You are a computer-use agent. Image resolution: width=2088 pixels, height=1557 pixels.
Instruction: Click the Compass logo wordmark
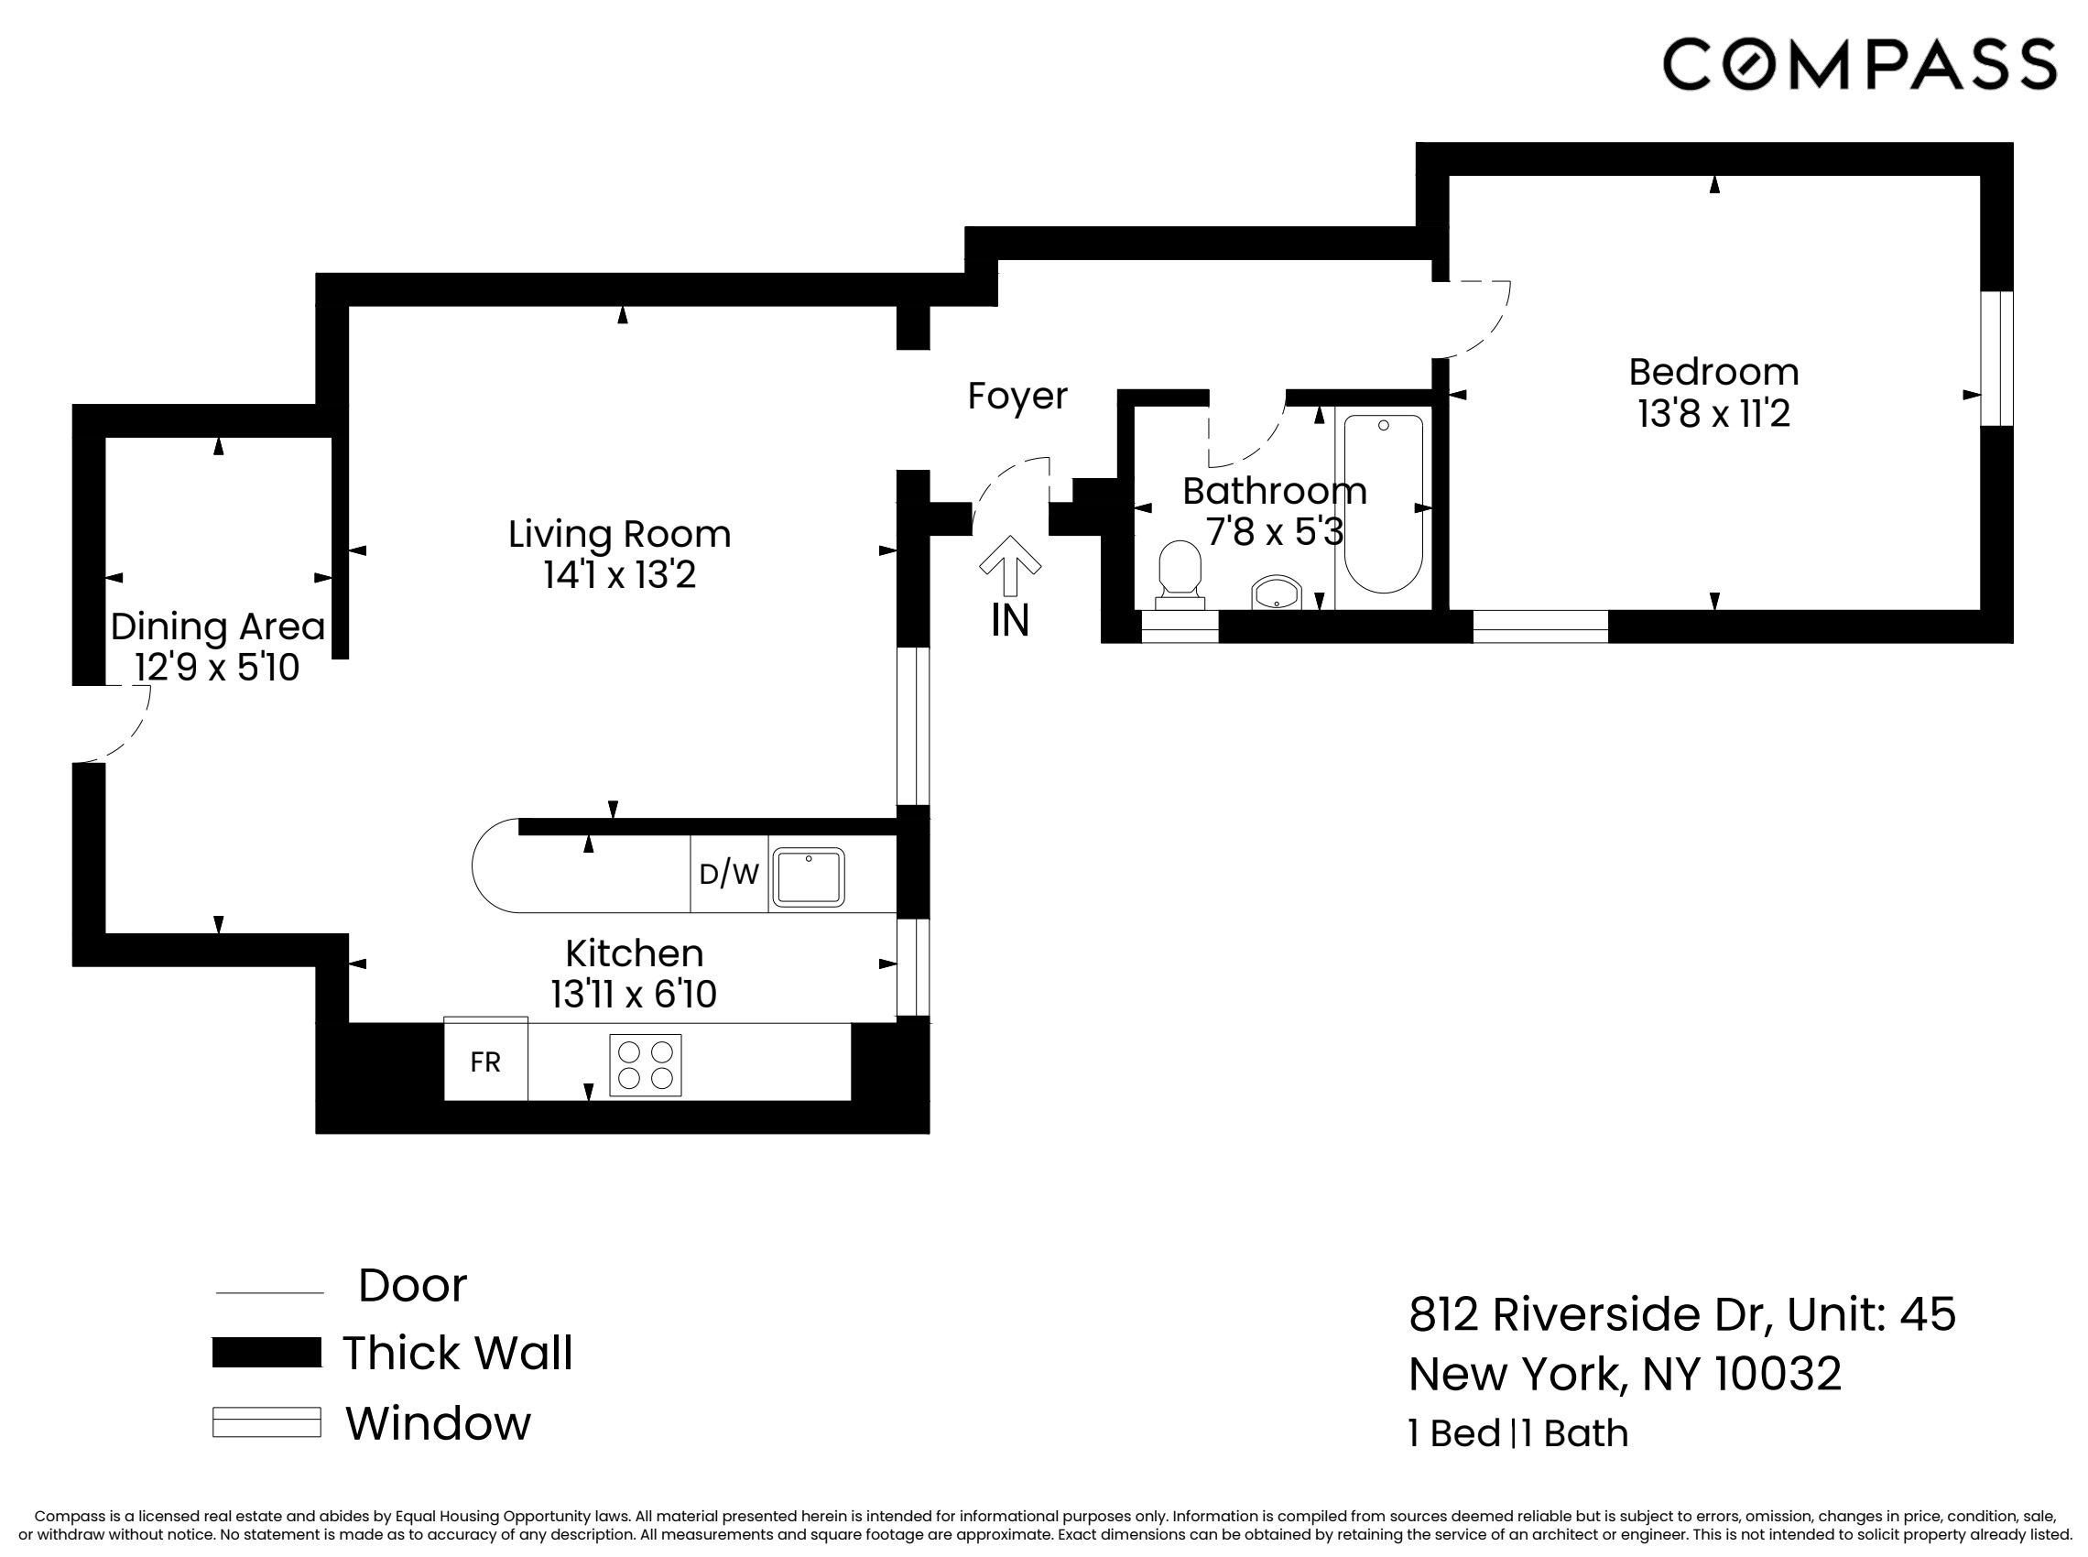(x=1858, y=64)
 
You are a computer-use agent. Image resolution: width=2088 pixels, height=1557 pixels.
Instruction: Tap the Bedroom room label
(x=1713, y=372)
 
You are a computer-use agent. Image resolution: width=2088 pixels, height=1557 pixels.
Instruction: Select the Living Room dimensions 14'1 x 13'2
(x=619, y=575)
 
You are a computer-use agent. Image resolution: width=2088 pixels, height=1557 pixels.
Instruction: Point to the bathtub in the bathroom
(x=1382, y=505)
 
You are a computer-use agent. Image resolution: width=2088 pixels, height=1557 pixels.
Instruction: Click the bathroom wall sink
(x=1276, y=594)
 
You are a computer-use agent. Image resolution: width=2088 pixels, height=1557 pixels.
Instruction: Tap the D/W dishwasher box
(x=728, y=874)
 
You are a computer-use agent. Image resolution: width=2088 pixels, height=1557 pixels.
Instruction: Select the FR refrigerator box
(x=485, y=1062)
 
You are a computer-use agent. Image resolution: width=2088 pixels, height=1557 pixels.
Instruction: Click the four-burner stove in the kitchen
(x=646, y=1065)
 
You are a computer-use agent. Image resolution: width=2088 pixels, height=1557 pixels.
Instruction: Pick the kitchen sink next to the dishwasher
(x=808, y=876)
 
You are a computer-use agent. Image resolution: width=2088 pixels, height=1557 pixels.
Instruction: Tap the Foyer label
(x=1017, y=396)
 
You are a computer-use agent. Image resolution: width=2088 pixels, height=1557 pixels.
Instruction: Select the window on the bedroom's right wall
(x=1996, y=358)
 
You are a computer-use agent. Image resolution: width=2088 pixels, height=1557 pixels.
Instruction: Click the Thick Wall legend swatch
(x=266, y=1352)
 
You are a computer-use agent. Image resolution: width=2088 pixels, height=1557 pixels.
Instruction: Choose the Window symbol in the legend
(x=266, y=1421)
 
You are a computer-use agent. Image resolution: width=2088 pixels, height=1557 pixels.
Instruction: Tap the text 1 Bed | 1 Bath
(x=1517, y=1433)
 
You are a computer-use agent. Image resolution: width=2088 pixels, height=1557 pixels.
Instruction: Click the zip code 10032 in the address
(x=1777, y=1373)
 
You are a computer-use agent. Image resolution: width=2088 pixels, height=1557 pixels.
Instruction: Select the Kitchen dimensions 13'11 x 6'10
(x=633, y=995)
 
